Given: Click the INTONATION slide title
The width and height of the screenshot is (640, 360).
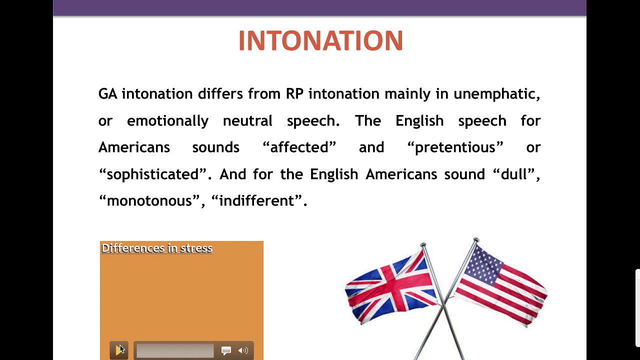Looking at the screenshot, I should click(x=320, y=41).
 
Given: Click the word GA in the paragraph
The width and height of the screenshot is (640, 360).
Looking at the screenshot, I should click(x=107, y=94).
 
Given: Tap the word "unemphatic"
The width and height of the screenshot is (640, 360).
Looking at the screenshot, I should click(x=496, y=94).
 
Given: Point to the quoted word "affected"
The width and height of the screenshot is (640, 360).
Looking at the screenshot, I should click(x=299, y=147).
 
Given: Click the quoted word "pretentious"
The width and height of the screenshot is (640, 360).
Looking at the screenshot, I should click(x=455, y=147).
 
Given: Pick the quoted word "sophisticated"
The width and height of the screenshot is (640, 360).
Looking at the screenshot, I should click(x=153, y=174).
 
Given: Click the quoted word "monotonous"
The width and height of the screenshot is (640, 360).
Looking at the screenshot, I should click(x=149, y=201).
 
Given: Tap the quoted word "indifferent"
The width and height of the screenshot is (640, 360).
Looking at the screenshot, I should click(x=257, y=201).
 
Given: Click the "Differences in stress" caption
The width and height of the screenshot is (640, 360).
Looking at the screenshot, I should click(x=157, y=248).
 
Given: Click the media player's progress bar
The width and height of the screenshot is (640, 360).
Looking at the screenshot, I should click(x=175, y=351).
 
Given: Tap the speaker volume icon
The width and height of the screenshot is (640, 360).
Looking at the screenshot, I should click(x=243, y=351).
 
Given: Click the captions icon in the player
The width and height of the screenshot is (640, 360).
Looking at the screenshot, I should click(x=226, y=351).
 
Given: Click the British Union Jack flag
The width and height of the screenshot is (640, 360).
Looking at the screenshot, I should click(x=390, y=285).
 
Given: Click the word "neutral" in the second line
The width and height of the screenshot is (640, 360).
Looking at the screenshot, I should click(x=247, y=121).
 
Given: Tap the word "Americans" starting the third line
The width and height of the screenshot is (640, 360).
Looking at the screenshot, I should click(x=134, y=147).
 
